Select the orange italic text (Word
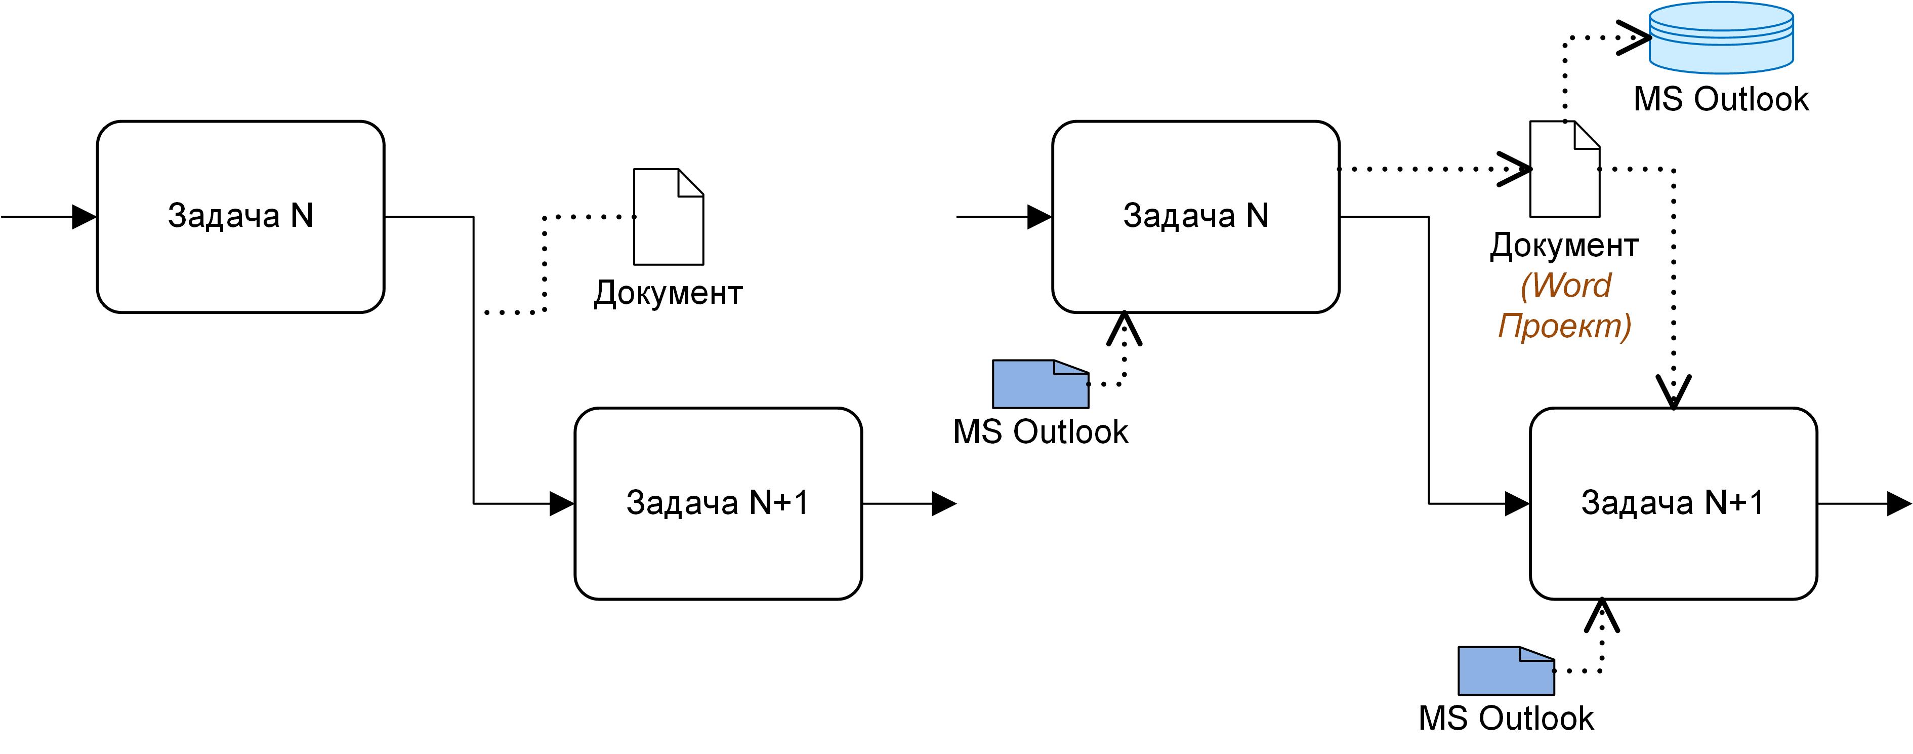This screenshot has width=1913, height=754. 1565,285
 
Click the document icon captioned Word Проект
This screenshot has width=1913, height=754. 1564,169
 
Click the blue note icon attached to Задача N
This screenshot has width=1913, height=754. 1039,384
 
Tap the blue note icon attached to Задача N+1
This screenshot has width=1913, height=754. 1505,671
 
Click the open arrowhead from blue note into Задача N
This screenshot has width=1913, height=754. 1125,328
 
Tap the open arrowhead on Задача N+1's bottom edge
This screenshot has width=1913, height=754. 1602,615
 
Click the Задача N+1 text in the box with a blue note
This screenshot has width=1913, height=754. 1673,503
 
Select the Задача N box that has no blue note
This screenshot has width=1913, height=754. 240,217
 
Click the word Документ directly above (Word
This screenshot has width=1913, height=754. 1564,245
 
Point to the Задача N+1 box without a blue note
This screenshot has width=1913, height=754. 718,503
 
